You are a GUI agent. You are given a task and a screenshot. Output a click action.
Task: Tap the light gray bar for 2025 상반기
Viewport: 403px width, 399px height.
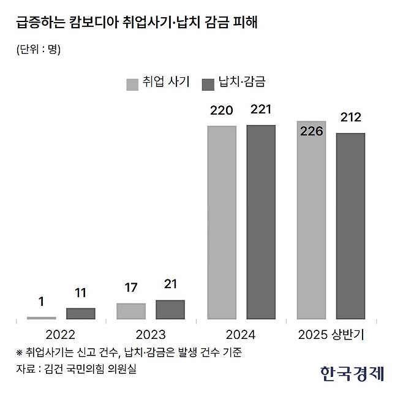[311, 221]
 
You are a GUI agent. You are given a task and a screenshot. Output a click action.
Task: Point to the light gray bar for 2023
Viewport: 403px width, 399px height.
[131, 311]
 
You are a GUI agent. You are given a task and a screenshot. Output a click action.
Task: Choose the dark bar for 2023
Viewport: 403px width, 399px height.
[170, 310]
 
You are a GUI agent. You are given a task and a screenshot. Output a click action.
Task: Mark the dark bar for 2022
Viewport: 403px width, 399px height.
[81, 314]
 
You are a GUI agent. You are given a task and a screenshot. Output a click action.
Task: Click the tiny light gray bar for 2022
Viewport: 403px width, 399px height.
[42, 318]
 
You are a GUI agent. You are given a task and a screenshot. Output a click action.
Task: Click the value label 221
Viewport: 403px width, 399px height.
[261, 111]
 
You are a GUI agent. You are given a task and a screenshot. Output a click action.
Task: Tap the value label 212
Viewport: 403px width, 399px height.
[351, 117]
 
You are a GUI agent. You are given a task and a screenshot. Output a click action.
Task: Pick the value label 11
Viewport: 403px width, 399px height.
[81, 294]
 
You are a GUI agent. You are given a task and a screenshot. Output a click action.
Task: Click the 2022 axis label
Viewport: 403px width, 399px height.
[61, 335]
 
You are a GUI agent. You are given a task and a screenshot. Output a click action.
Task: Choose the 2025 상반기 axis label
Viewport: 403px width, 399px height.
[331, 335]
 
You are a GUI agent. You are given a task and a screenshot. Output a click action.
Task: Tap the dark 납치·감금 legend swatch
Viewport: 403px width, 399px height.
[206, 83]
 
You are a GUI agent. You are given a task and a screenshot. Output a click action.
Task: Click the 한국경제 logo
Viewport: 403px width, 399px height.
[351, 372]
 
